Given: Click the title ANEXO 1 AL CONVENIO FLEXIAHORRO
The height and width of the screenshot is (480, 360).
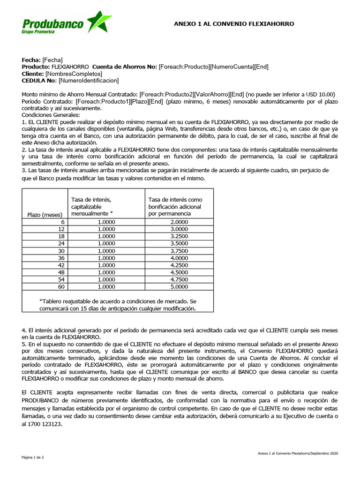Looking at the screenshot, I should (x=234, y=23).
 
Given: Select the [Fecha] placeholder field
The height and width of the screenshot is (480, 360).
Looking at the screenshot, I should (x=52, y=60).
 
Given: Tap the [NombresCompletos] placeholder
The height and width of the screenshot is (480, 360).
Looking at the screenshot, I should (x=74, y=74).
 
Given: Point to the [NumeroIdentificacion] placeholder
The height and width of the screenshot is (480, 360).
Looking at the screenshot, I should (x=89, y=81).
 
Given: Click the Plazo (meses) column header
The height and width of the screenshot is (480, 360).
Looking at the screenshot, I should (x=45, y=214).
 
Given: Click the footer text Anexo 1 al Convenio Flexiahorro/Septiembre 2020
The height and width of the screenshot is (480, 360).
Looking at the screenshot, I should (x=298, y=453).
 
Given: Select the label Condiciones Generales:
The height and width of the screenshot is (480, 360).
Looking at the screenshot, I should (x=51, y=115).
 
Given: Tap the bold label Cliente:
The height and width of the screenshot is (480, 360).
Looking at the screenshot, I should (x=33, y=74).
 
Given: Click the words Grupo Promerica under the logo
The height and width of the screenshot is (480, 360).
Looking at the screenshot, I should (x=38, y=31).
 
